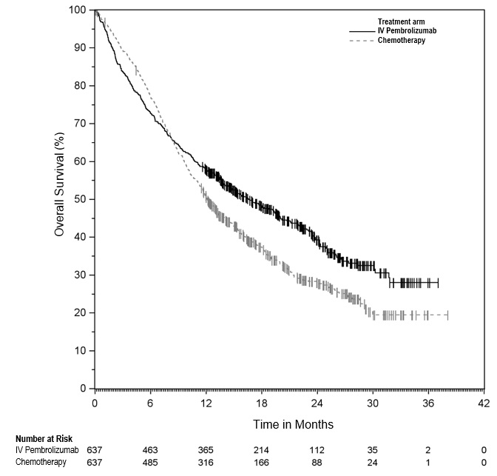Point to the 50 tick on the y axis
(x=81, y=199)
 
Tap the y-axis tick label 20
(x=81, y=312)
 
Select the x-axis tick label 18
(x=262, y=403)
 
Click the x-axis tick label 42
(x=484, y=403)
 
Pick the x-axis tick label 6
(x=150, y=403)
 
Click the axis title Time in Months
(x=294, y=424)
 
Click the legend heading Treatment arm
(x=399, y=22)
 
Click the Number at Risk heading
(x=43, y=439)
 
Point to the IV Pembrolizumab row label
(x=47, y=450)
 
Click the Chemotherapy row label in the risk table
(x=41, y=461)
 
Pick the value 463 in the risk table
(x=150, y=450)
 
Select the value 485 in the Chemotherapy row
(x=150, y=461)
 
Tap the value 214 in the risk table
(x=262, y=450)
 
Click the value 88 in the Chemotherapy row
(x=317, y=461)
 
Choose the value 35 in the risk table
(x=373, y=450)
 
